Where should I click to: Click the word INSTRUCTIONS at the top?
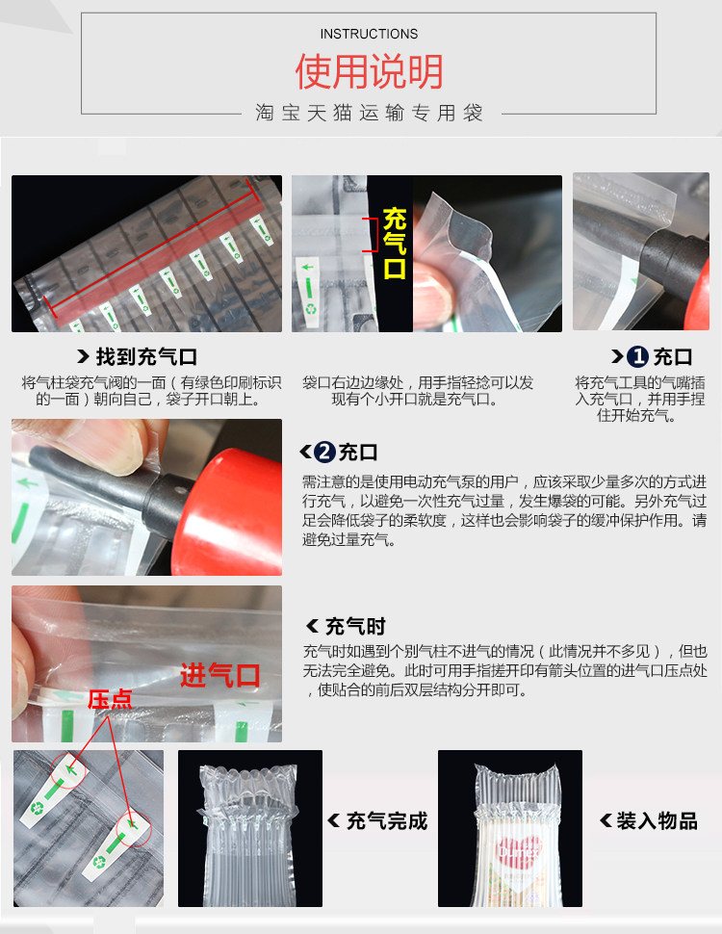coord(369,34)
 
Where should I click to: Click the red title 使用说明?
coord(370,71)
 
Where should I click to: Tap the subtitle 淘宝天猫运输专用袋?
coord(370,113)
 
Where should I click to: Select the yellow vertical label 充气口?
coord(395,244)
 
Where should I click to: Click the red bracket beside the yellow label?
coord(372,235)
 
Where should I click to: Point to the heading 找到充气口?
coord(146,357)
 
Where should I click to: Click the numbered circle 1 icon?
coord(637,357)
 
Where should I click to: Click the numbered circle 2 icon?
coord(324,452)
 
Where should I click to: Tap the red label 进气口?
coord(219,676)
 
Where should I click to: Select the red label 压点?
coord(110,700)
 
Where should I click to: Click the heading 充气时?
coord(355,626)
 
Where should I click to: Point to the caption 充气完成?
coord(387,820)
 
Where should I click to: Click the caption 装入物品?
coord(658,820)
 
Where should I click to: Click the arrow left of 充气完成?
coord(334,820)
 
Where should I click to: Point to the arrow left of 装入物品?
coord(606,820)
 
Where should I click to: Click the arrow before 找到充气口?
coord(84,356)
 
